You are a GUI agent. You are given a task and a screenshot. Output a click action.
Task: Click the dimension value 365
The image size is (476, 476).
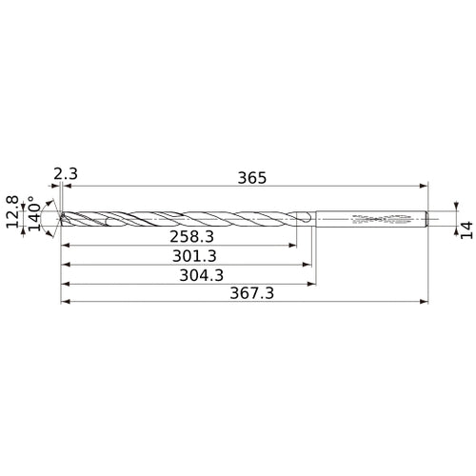pyautogui.click(x=252, y=178)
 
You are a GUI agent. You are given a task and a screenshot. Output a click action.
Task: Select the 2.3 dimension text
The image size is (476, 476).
pyautogui.click(x=66, y=173)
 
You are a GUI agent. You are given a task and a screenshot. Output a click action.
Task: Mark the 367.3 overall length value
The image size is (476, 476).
pyautogui.click(x=252, y=294)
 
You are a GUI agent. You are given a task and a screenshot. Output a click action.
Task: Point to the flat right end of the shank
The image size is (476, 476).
pyautogui.click(x=427, y=219)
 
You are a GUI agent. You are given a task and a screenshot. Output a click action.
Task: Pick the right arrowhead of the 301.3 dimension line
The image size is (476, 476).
pyautogui.click(x=309, y=264)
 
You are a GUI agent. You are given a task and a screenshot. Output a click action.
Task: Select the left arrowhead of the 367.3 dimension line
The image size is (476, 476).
pyautogui.click(x=64, y=304)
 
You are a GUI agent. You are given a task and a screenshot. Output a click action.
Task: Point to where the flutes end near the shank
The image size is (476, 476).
pyautogui.click(x=307, y=219)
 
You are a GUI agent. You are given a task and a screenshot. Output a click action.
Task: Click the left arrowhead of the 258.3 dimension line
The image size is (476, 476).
pyautogui.click(x=64, y=244)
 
